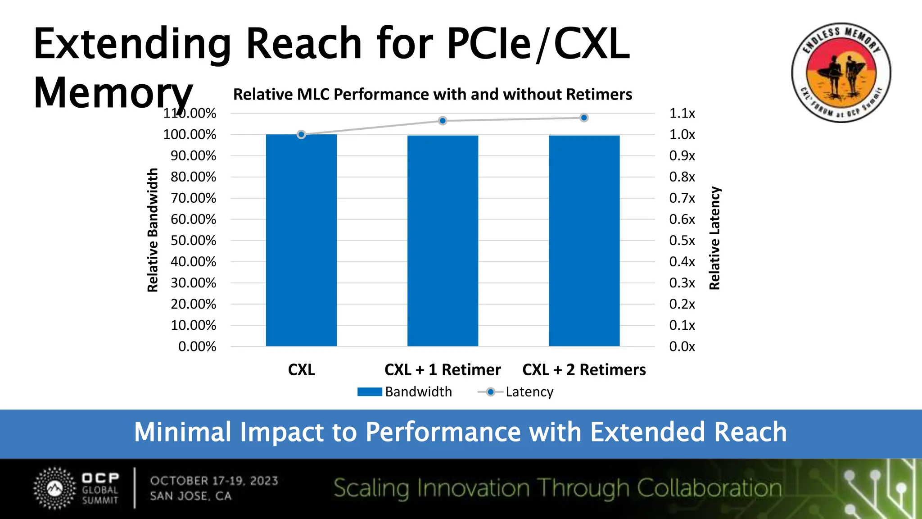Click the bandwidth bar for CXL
coord(301,240)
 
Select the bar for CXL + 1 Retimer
coord(443,241)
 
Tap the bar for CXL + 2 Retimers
coord(584,241)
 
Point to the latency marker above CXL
coord(301,134)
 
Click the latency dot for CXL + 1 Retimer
coord(443,121)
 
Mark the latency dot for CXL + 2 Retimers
coord(584,118)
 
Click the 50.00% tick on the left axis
coord(193,241)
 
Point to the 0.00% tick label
coord(197,346)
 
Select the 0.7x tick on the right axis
coord(682,198)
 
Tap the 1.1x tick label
coord(682,114)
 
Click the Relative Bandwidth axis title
coord(153,230)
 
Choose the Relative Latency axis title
coord(715,238)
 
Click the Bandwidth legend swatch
coord(370,392)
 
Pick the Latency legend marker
coord(490,392)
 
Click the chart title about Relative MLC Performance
coord(433,95)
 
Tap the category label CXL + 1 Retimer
coord(443,370)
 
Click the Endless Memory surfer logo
coord(841,73)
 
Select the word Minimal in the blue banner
coord(182,432)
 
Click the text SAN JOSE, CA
coord(191,496)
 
